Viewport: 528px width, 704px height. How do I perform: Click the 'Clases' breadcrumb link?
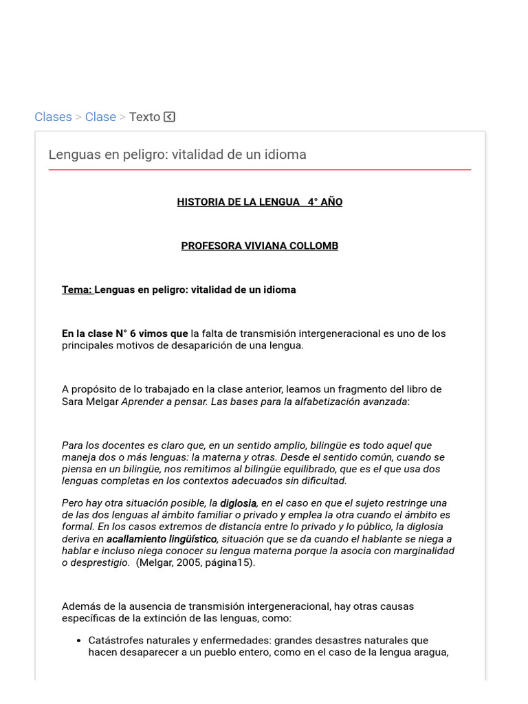pyautogui.click(x=53, y=117)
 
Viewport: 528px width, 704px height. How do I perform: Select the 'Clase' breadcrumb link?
pyautogui.click(x=100, y=117)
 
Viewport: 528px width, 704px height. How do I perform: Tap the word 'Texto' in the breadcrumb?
pyautogui.click(x=144, y=117)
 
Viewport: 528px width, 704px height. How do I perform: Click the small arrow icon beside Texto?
pyautogui.click(x=170, y=117)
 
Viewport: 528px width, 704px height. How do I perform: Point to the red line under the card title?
pyautogui.click(x=259, y=169)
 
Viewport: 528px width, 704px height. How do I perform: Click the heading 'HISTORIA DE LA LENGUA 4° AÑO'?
pyautogui.click(x=259, y=202)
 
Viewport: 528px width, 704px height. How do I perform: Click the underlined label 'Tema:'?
pyautogui.click(x=77, y=290)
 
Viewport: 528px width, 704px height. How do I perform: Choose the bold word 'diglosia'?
pyautogui.click(x=238, y=503)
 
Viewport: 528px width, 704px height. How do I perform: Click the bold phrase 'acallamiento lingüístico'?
pyautogui.click(x=162, y=539)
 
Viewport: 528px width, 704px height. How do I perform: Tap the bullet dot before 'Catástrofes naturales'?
pyautogui.click(x=78, y=641)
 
